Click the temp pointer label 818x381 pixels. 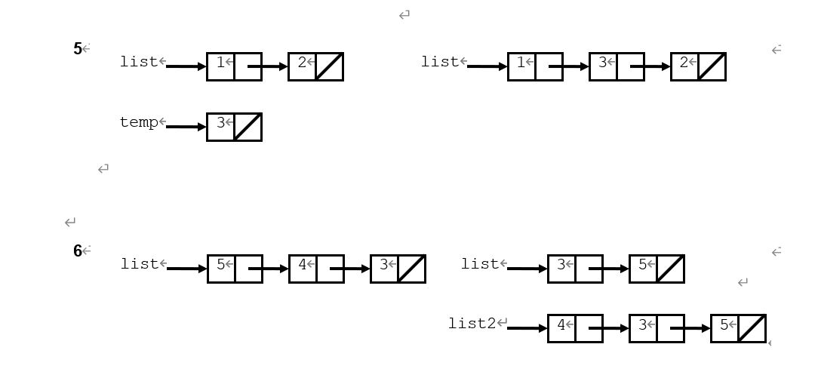tap(139, 122)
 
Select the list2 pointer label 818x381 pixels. tap(472, 324)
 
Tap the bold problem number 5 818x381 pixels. tap(78, 49)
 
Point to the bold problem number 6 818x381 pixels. tap(78, 251)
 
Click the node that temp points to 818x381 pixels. tap(234, 127)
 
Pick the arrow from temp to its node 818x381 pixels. tap(186, 127)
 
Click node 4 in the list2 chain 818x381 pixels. tap(575, 328)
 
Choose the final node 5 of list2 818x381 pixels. tap(738, 328)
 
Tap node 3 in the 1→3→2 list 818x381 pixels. tap(617, 66)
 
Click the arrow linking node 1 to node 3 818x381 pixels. tap(570, 66)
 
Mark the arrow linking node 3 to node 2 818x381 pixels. tap(651, 66)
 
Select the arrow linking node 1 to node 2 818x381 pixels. tap(269, 66)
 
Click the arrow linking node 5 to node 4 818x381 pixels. tap(269, 269)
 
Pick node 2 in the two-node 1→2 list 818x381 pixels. tap(315, 66)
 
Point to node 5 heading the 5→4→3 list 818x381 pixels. tap(235, 269)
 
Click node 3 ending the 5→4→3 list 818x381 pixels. tap(398, 269)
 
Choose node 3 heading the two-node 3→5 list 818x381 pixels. tap(575, 269)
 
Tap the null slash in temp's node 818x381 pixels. tap(248, 127)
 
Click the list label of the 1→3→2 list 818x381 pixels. tap(440, 62)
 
